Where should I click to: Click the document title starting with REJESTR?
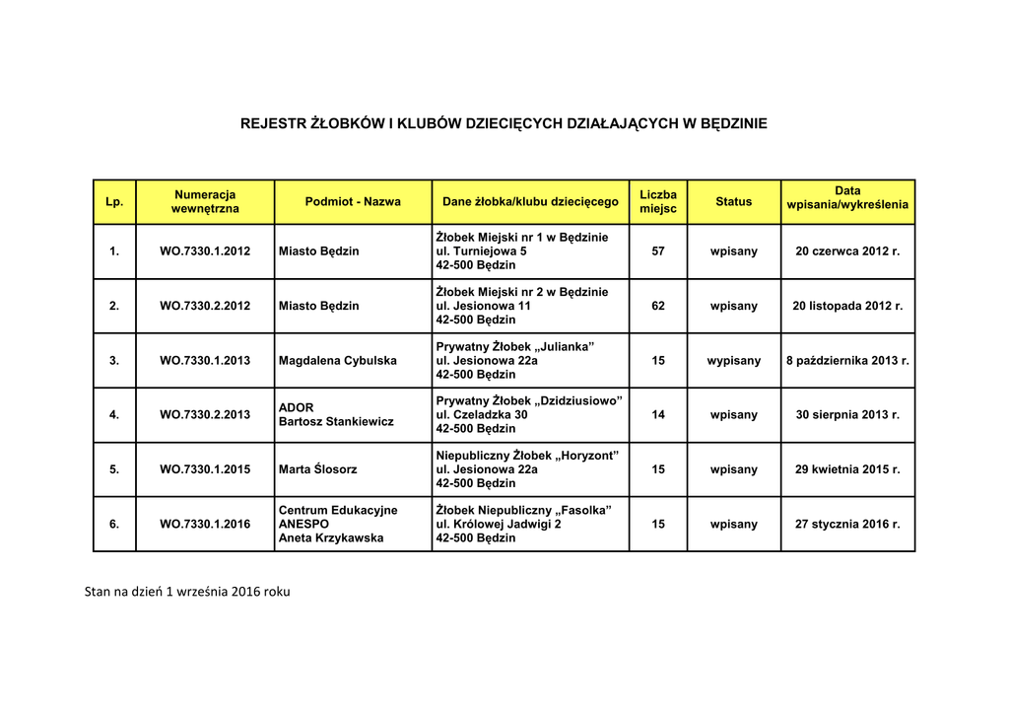[504, 123]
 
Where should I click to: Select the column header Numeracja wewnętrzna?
[205, 201]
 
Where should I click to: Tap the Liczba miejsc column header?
[658, 201]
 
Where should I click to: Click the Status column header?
[733, 201]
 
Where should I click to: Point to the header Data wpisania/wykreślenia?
[847, 197]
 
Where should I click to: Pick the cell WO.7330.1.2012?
[205, 251]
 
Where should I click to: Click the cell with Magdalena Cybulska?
[338, 361]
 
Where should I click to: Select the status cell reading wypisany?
[733, 361]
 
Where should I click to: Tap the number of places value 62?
[658, 306]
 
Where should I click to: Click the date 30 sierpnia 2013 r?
[847, 415]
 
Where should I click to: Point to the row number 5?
[114, 469]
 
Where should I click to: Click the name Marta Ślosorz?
[318, 469]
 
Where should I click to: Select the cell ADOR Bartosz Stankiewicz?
[336, 414]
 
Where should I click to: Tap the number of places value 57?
[658, 251]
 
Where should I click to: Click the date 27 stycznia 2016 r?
[847, 525]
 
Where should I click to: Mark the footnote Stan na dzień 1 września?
[187, 592]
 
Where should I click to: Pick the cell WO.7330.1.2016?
[205, 525]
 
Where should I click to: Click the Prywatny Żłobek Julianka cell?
[514, 360]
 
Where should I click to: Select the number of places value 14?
[658, 415]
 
